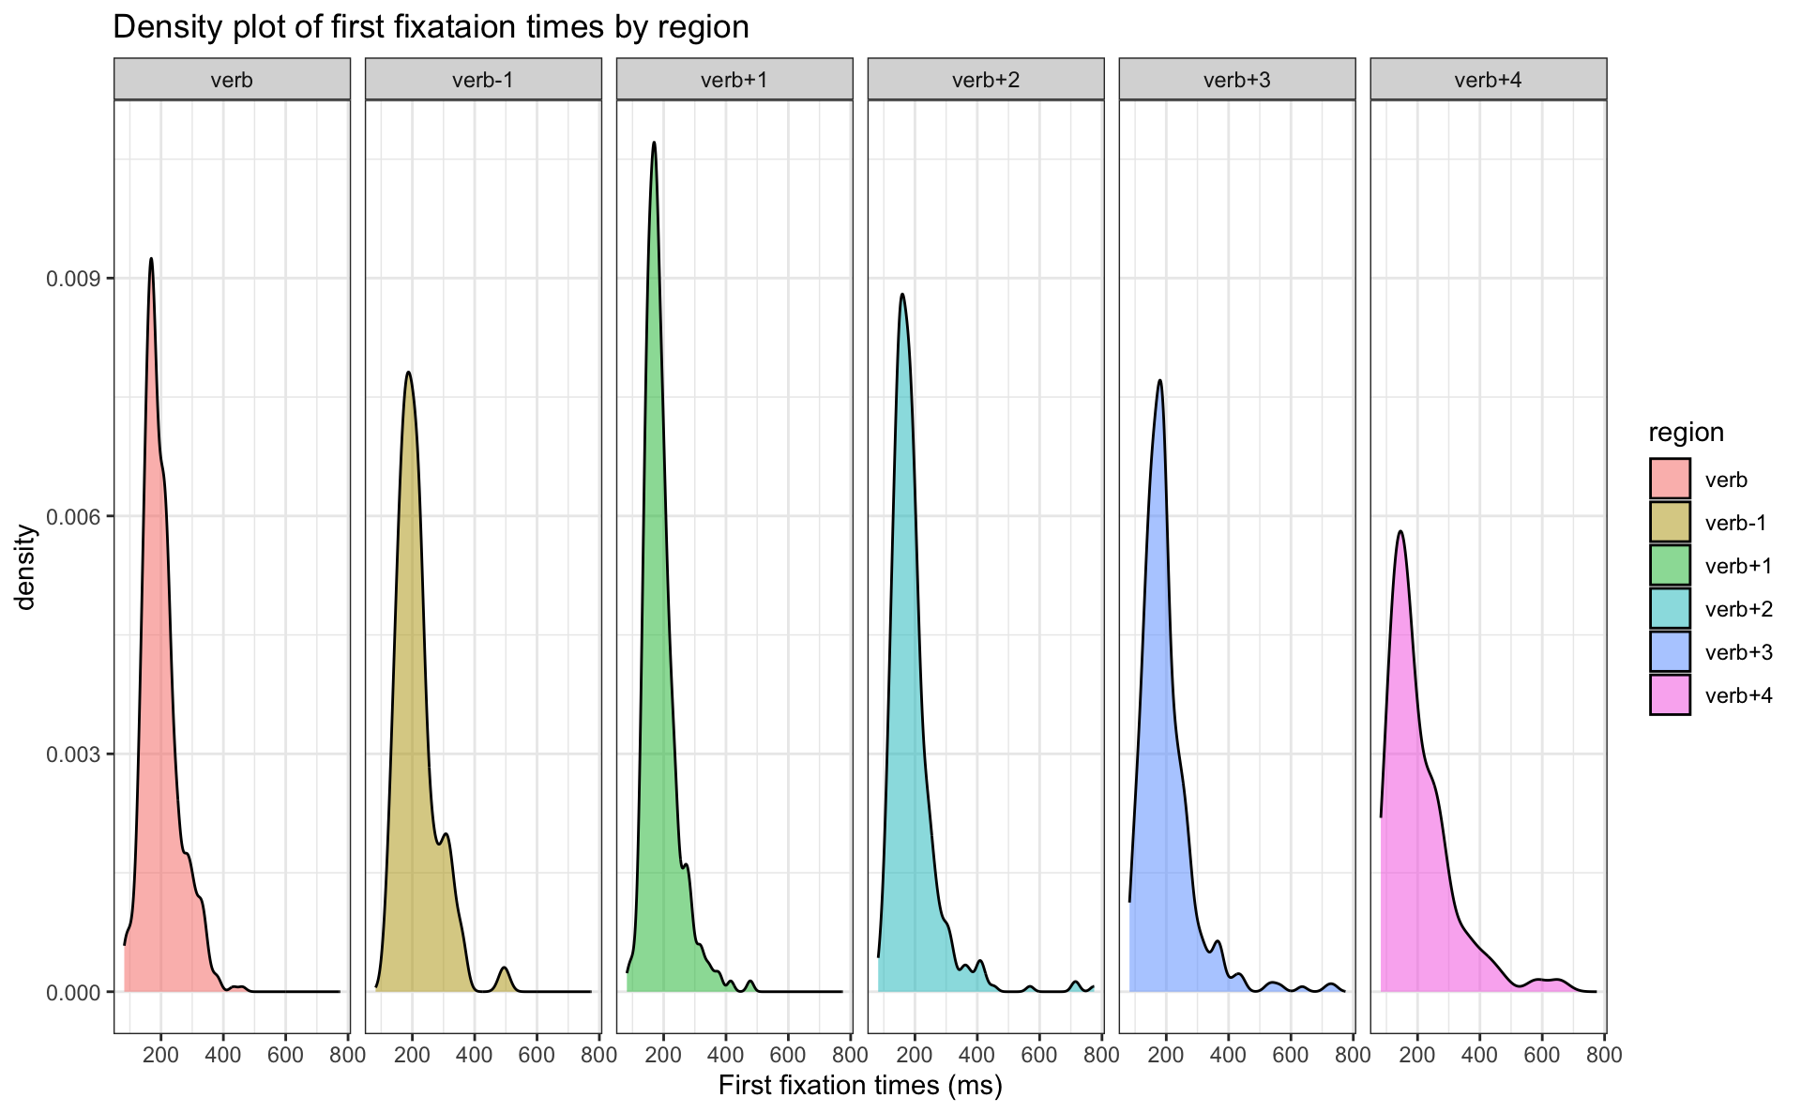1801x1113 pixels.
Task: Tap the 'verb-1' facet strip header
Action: pyautogui.click(x=483, y=80)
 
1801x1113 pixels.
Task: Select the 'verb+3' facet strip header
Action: pyautogui.click(x=1236, y=80)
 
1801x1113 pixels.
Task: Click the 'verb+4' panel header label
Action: pyautogui.click(x=1488, y=80)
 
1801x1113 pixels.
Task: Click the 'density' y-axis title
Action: pyautogui.click(x=26, y=567)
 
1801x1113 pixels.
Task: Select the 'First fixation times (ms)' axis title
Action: pyautogui.click(x=860, y=1086)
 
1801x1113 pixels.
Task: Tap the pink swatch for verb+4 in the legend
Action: pyautogui.click(x=1670, y=695)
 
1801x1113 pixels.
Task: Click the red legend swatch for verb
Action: pyautogui.click(x=1670, y=479)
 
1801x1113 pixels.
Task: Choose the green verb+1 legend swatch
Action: pyautogui.click(x=1670, y=565)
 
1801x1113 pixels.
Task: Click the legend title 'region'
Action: pyautogui.click(x=1686, y=433)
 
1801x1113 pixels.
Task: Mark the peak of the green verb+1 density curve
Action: pyautogui.click(x=654, y=143)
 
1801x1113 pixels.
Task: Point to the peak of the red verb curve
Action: pyautogui.click(x=151, y=259)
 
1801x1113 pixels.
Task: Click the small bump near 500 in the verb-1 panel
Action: pyautogui.click(x=505, y=968)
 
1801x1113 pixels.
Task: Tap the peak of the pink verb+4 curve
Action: pyautogui.click(x=1400, y=532)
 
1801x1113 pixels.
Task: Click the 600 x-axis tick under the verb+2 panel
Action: pyautogui.click(x=1039, y=1055)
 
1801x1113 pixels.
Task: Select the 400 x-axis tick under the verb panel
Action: pyautogui.click(x=223, y=1055)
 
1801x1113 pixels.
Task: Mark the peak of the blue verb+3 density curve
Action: pyautogui.click(x=1160, y=381)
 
